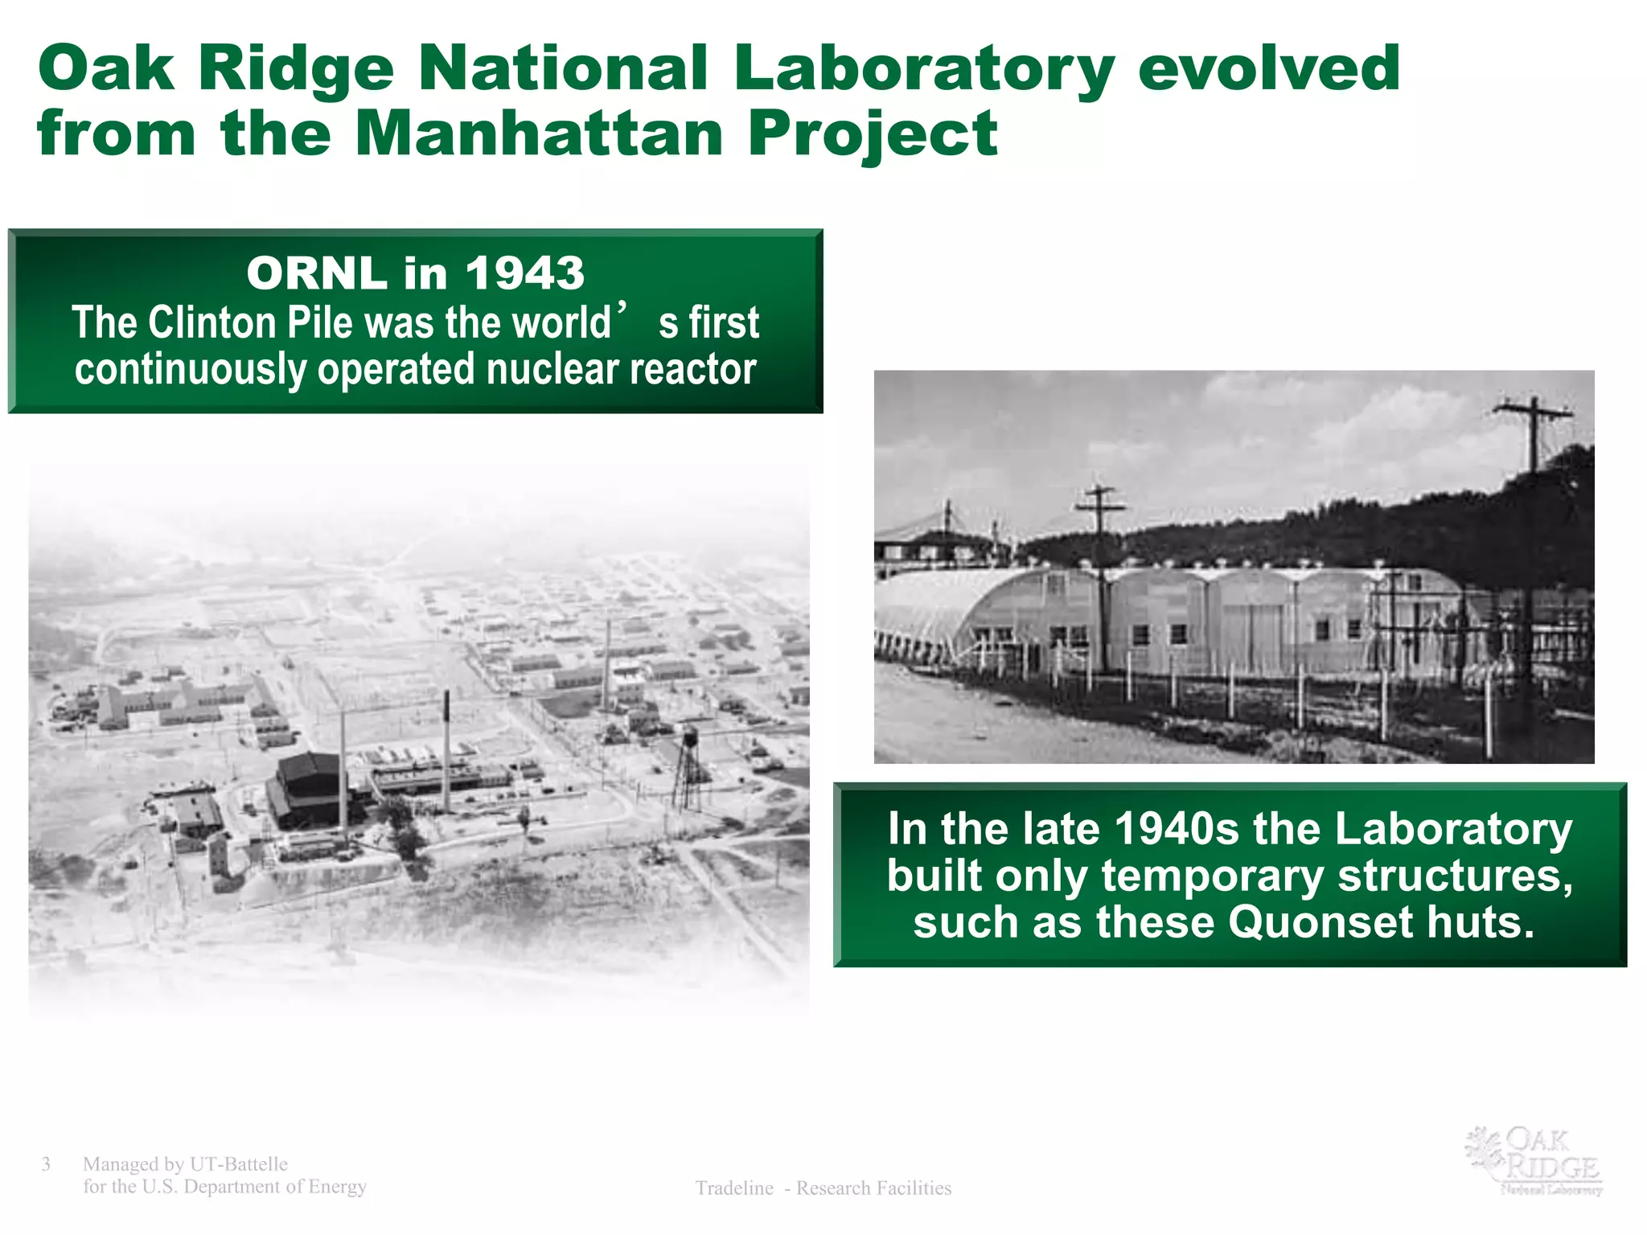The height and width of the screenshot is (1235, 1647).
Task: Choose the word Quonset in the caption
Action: tap(1320, 921)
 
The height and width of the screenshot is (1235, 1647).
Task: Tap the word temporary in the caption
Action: tap(1212, 876)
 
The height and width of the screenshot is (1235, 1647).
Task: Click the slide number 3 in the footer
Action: tap(46, 1164)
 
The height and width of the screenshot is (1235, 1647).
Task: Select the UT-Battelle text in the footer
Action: tap(238, 1164)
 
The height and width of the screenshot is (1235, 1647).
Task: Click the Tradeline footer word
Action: tap(733, 1188)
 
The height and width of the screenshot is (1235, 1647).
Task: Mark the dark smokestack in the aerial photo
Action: tap(447, 748)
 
